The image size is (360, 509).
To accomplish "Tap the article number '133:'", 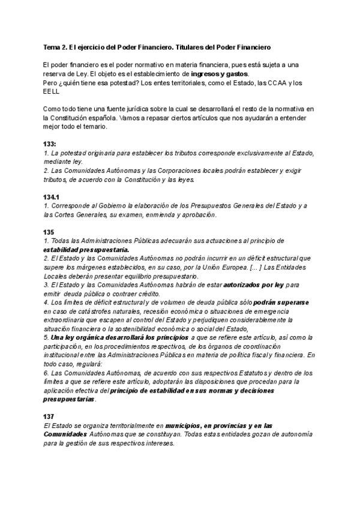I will pos(50,145).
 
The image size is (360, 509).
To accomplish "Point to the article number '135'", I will pos(49,232).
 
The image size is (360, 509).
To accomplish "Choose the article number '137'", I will pos(49,416).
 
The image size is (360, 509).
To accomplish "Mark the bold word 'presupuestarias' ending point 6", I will pos(68,399).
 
